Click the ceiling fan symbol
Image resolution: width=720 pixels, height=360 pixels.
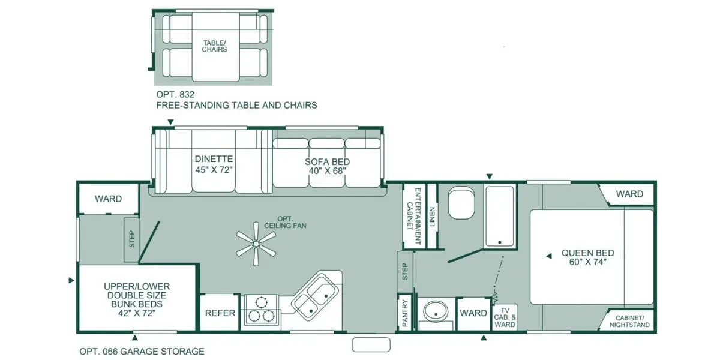point(256,244)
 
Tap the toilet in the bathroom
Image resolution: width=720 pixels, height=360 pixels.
point(461,203)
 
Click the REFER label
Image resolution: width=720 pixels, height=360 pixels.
point(220,313)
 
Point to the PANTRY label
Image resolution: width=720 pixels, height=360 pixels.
point(404,313)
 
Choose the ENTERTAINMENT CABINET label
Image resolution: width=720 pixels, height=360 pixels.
point(413,216)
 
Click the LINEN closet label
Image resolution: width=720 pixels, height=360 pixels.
point(431,217)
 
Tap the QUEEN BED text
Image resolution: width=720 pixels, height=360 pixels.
point(587,253)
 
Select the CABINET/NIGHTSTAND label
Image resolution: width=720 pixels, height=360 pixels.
point(629,322)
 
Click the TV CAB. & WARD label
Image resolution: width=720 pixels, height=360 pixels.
point(505,317)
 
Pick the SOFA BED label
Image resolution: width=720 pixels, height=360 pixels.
point(327,161)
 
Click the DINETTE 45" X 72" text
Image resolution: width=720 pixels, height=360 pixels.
point(214,164)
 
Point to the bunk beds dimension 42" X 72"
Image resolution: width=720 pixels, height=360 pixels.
point(137,313)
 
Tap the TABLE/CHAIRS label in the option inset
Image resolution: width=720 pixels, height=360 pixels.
point(214,46)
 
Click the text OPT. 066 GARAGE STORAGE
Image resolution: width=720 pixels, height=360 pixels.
point(142,352)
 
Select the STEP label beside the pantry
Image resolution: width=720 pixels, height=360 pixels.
point(404,272)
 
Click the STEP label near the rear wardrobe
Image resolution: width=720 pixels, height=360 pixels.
point(132,239)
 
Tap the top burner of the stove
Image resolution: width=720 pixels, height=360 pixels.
point(261,302)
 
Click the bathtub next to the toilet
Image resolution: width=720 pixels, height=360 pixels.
point(499,217)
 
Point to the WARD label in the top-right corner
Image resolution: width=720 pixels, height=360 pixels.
point(629,194)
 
